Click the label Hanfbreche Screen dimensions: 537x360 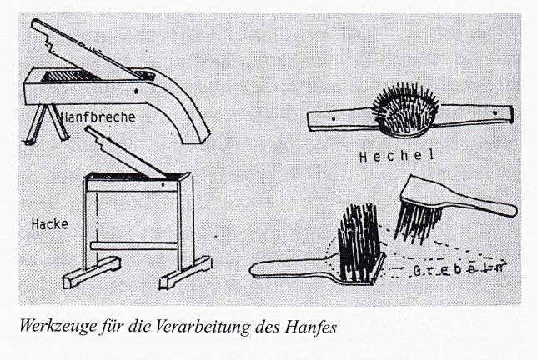click(98, 117)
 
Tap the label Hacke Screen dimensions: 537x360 click(50, 224)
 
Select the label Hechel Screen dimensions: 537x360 click(397, 156)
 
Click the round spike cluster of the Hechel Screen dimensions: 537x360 click(406, 110)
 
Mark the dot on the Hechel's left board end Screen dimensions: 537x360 click(334, 119)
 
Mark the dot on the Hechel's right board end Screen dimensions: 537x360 click(494, 112)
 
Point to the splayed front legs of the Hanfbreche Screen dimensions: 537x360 click(47, 123)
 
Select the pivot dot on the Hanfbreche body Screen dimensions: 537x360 click(136, 92)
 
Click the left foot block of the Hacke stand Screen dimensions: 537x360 click(92, 272)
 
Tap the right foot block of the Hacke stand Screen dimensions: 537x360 click(186, 272)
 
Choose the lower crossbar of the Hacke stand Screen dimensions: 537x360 click(134, 246)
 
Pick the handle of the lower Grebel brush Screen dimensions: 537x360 click(291, 267)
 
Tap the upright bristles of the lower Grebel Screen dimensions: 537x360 click(359, 242)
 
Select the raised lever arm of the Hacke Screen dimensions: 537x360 click(127, 153)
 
